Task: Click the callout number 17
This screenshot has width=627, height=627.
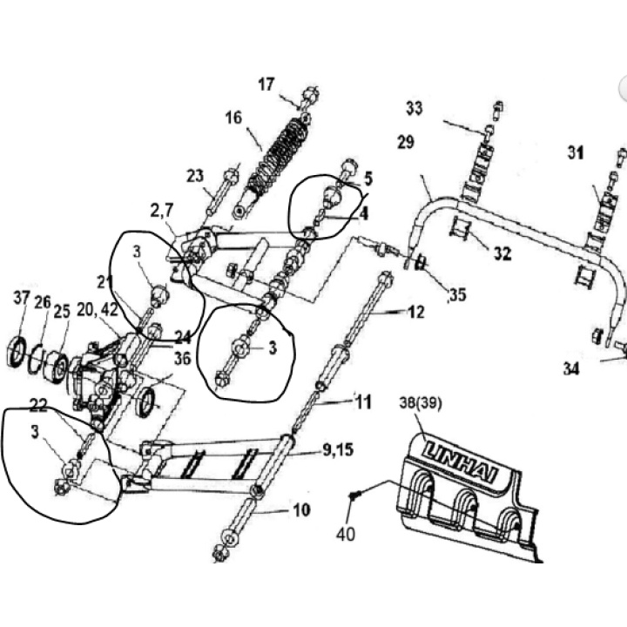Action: [x=266, y=84]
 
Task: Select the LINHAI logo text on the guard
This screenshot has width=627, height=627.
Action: [x=461, y=462]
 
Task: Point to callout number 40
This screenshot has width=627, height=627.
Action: [x=346, y=534]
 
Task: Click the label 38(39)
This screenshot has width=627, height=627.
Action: [x=421, y=403]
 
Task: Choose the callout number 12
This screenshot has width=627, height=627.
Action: [x=415, y=312]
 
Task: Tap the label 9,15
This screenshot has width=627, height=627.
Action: [x=338, y=450]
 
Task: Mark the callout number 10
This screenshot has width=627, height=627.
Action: [x=301, y=509]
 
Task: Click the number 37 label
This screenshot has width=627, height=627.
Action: [x=22, y=298]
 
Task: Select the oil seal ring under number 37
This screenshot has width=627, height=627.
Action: [x=16, y=353]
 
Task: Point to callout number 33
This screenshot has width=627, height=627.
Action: [x=414, y=108]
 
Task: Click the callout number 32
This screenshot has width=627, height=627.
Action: [x=502, y=253]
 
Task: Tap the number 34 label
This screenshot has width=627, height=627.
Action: [x=571, y=368]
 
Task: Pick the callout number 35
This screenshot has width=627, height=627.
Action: [x=457, y=294]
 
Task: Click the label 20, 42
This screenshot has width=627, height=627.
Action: [x=98, y=309]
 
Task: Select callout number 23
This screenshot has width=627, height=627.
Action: [x=195, y=176]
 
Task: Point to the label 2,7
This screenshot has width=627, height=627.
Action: [x=162, y=211]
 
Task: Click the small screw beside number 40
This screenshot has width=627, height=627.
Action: [x=354, y=496]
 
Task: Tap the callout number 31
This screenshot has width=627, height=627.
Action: [x=576, y=152]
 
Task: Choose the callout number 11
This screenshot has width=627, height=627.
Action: [x=363, y=401]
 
